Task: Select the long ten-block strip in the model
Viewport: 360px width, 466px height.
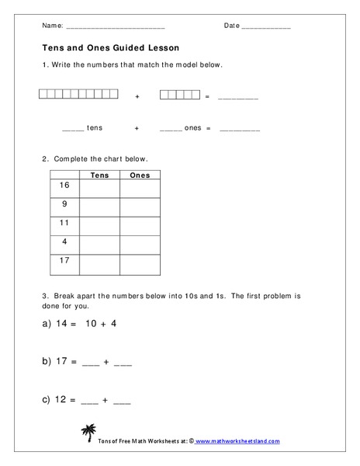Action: click(x=78, y=95)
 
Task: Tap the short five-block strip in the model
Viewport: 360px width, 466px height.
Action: click(x=179, y=95)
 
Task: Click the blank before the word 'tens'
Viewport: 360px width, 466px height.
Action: click(x=72, y=129)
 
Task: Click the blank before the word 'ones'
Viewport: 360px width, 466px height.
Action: click(x=170, y=129)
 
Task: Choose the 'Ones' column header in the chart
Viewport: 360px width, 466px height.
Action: click(x=140, y=175)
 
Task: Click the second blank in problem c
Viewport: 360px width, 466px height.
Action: click(x=123, y=402)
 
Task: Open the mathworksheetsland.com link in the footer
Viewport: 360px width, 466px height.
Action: click(x=237, y=440)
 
